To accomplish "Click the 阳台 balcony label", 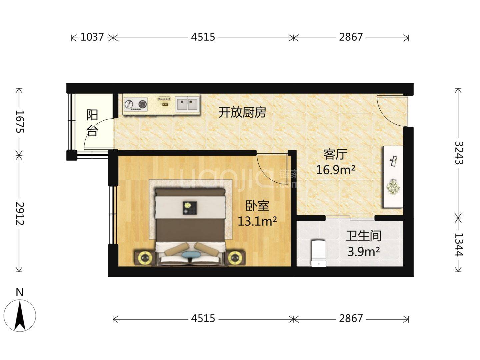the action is [x=92, y=123].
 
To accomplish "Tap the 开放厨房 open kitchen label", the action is [x=242, y=113].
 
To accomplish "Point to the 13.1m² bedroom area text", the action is [x=257, y=221].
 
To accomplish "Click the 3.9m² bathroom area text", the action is [x=364, y=252].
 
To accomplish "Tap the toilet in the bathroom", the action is [x=319, y=253].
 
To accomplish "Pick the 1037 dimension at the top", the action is [x=92, y=37].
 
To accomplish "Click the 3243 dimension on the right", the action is [x=459, y=153].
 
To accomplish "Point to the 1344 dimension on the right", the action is [x=459, y=245].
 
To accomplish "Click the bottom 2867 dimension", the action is [x=351, y=319].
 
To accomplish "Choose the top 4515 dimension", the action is [x=203, y=37].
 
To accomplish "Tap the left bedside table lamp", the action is [x=144, y=258].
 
